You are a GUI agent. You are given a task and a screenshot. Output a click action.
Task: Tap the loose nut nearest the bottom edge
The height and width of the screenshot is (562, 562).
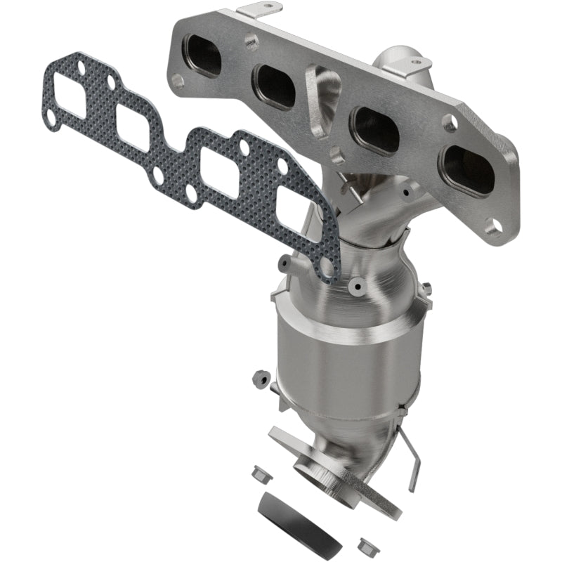click(x=365, y=544)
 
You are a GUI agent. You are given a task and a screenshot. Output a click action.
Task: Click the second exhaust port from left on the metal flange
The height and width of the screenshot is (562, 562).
click(x=275, y=86)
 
